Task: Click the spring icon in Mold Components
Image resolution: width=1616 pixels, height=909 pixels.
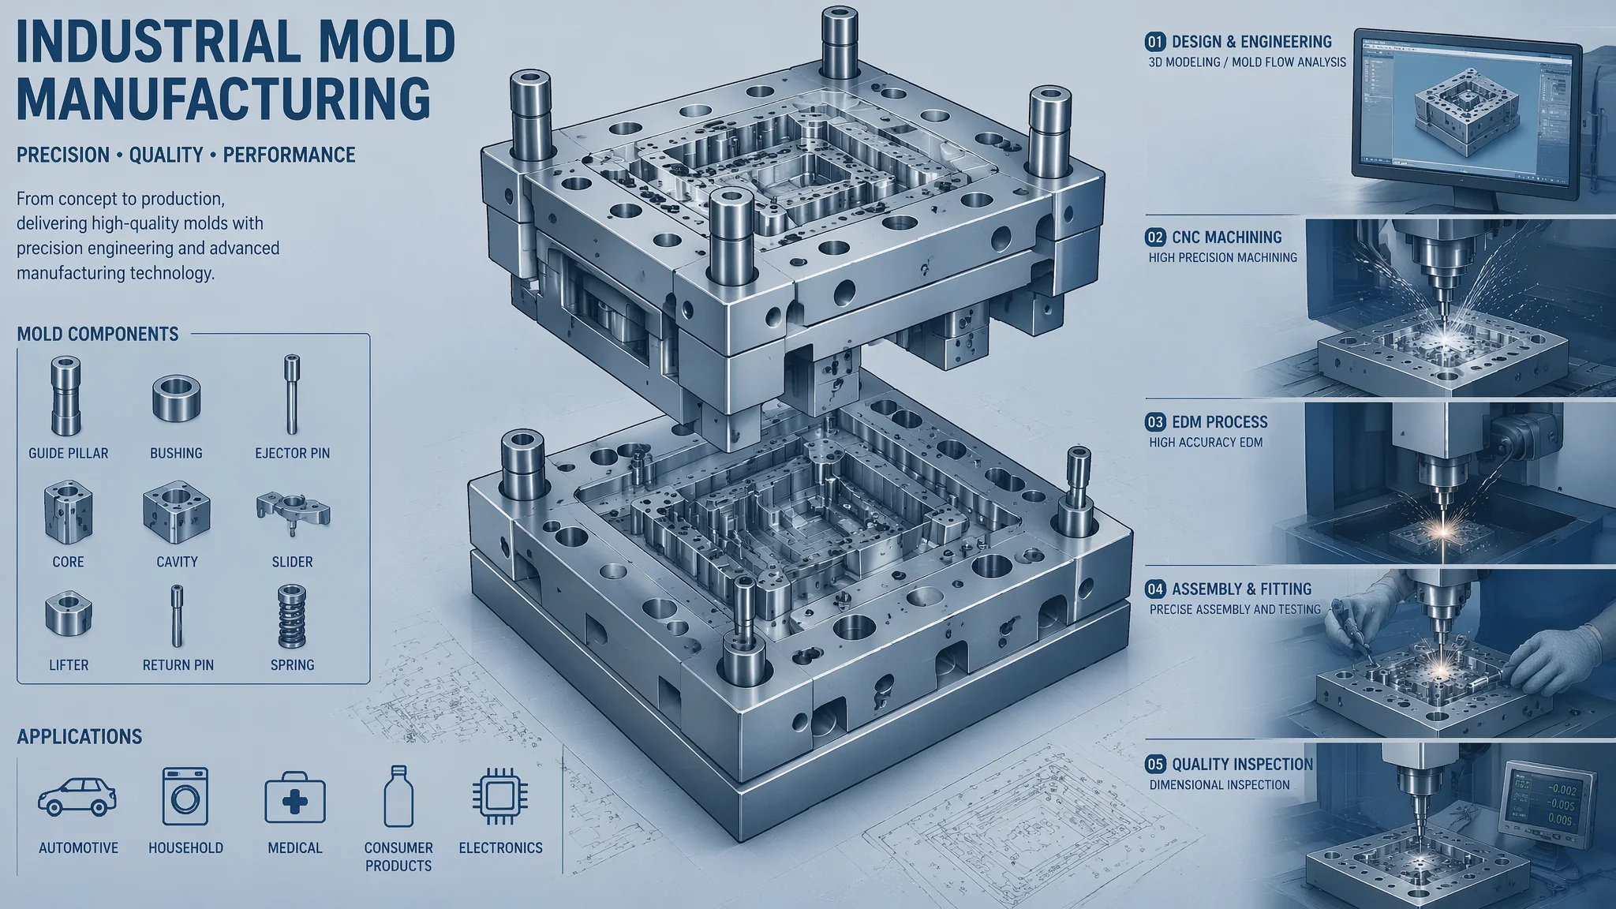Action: (x=292, y=615)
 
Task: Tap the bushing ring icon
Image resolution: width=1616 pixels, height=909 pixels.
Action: (x=176, y=398)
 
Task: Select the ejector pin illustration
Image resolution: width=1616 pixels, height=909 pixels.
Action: (x=292, y=395)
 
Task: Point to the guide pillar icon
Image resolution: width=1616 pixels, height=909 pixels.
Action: (x=65, y=396)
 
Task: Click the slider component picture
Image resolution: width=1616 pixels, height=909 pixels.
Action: (x=293, y=513)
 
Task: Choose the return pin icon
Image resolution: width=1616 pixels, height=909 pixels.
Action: (x=177, y=616)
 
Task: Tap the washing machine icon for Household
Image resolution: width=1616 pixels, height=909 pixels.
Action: (x=185, y=796)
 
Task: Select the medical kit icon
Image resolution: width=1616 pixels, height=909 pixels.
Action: (x=295, y=799)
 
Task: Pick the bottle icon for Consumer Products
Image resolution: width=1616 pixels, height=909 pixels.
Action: (x=398, y=795)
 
